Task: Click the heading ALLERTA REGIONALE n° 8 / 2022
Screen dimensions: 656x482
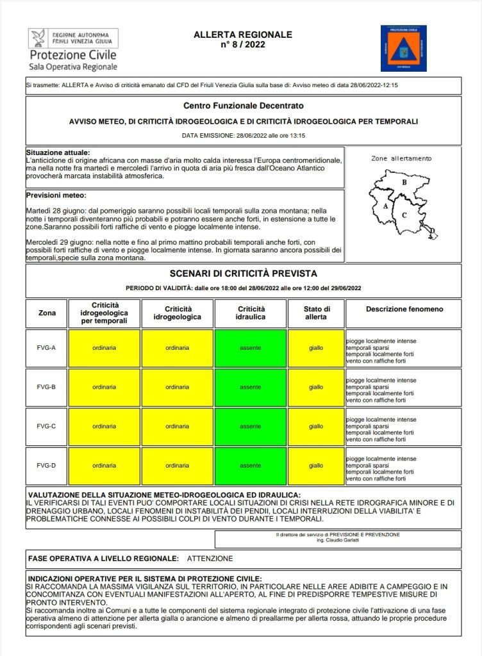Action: [243, 40]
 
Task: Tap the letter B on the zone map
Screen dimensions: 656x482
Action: [404, 183]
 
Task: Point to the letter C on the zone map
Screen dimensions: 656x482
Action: [404, 215]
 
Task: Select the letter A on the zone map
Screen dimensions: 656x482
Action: [385, 206]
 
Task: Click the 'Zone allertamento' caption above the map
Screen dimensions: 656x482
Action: [401, 158]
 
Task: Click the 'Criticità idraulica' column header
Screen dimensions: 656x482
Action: [251, 313]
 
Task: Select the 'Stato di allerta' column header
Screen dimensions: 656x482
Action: [316, 313]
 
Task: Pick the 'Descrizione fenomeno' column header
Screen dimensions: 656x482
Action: [404, 309]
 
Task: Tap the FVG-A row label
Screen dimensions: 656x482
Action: [47, 348]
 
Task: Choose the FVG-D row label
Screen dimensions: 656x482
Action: [47, 466]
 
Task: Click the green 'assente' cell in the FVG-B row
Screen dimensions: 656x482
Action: [251, 387]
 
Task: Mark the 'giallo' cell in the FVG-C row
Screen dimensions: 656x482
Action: [316, 426]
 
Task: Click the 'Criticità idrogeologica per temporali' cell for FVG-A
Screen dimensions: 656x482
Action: [104, 348]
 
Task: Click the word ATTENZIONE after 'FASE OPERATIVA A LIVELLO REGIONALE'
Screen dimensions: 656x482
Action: [210, 559]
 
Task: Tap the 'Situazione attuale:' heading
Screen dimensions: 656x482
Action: [58, 152]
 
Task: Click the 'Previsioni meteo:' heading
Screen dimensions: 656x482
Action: [56, 195]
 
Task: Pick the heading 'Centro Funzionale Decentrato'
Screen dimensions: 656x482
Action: [243, 106]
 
